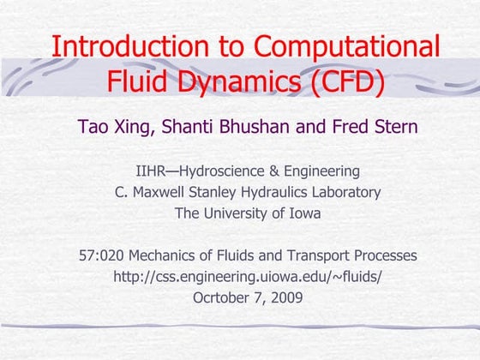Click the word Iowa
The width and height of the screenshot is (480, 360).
tap(303, 213)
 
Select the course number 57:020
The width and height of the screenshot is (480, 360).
tap(100, 255)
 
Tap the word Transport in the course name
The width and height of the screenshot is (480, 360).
tap(310, 255)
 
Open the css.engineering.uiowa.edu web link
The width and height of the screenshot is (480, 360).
tap(248, 277)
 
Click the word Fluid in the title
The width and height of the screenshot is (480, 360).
tap(137, 82)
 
